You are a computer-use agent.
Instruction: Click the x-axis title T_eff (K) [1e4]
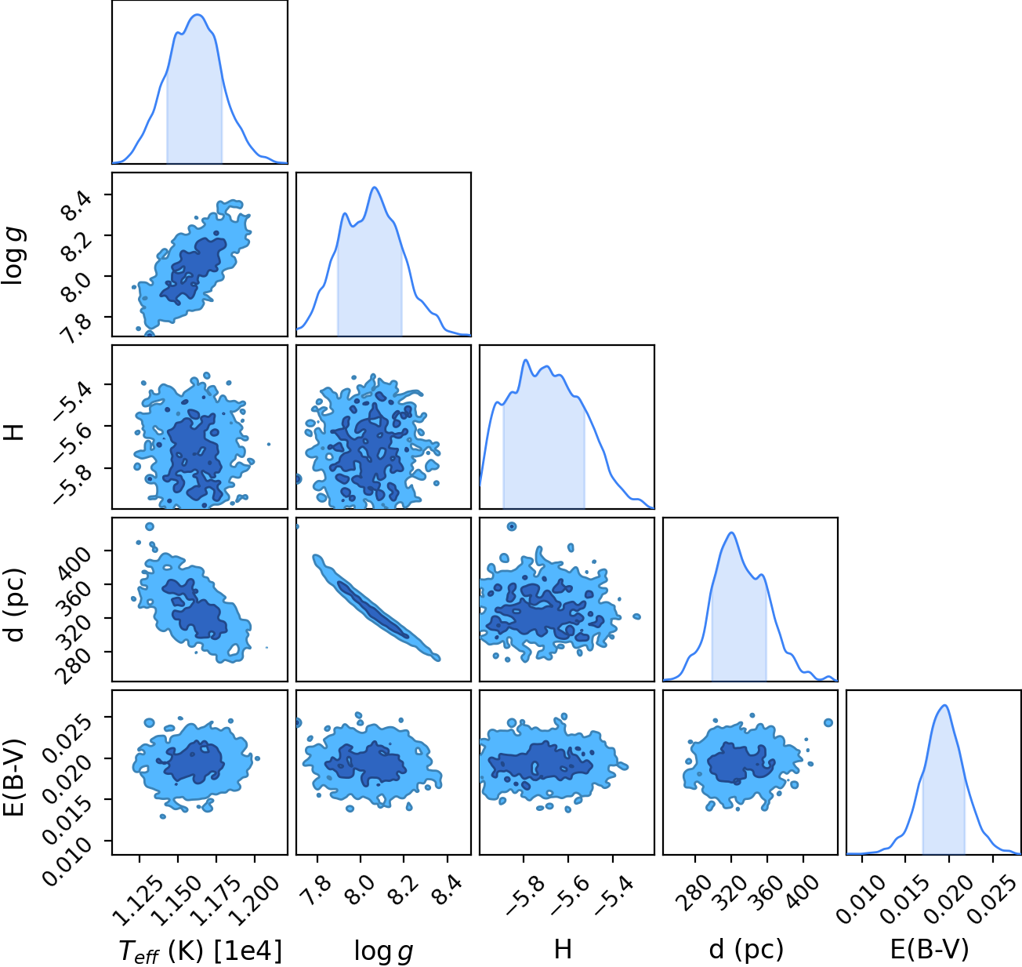pyautogui.click(x=201, y=950)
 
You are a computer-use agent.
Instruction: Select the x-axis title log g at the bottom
pyautogui.click(x=383, y=951)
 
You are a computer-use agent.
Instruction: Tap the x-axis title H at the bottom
pyautogui.click(x=563, y=949)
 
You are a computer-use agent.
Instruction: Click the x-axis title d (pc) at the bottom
pyautogui.click(x=746, y=950)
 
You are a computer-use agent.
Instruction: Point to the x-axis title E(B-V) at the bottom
pyautogui.click(x=930, y=949)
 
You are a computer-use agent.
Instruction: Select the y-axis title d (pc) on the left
pyautogui.click(x=15, y=605)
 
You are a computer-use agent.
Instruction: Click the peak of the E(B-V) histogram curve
pyautogui.click(x=944, y=706)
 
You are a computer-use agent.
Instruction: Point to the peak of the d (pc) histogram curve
pyautogui.click(x=731, y=533)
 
